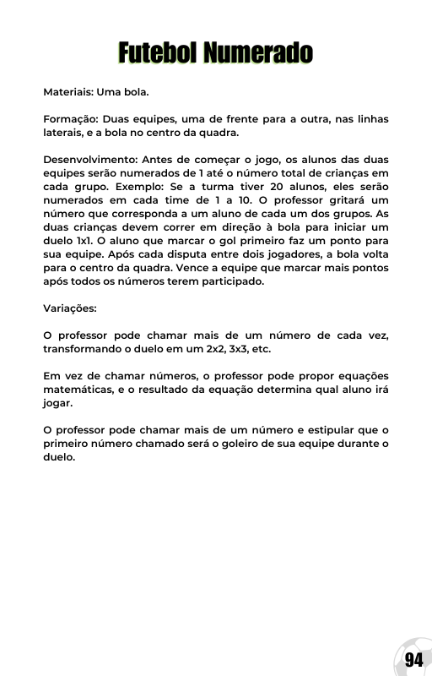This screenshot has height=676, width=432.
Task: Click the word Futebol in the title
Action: (158, 53)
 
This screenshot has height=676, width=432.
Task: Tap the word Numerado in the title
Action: (258, 53)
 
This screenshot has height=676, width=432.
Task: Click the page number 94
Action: (413, 659)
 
